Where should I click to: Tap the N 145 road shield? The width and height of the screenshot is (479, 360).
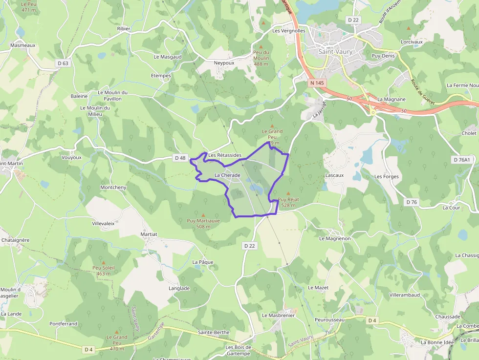tap(317, 83)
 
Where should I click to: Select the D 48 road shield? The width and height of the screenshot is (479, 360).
tap(180, 158)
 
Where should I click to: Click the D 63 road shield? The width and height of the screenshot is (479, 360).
tap(63, 63)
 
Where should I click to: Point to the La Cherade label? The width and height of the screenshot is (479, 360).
tap(227, 175)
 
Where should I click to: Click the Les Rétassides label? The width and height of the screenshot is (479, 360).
tap(225, 155)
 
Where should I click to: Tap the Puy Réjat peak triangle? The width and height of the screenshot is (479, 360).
tap(288, 193)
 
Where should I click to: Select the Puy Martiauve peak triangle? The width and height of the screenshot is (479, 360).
tap(203, 214)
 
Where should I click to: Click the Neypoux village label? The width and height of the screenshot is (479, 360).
tap(224, 63)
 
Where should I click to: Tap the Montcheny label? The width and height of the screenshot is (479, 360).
tap(113, 187)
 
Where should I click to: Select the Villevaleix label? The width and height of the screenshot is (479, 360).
tap(103, 223)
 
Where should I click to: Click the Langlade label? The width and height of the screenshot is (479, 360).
tap(179, 288)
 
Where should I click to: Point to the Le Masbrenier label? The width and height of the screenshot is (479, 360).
tap(278, 315)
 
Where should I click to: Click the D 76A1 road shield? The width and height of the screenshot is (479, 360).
tap(461, 160)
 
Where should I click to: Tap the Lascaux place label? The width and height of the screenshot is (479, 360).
tap(334, 175)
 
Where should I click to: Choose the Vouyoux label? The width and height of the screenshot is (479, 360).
tap(72, 157)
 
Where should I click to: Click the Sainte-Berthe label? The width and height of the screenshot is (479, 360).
tap(214, 332)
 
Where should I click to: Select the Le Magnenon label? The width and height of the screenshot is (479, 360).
tap(335, 238)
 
